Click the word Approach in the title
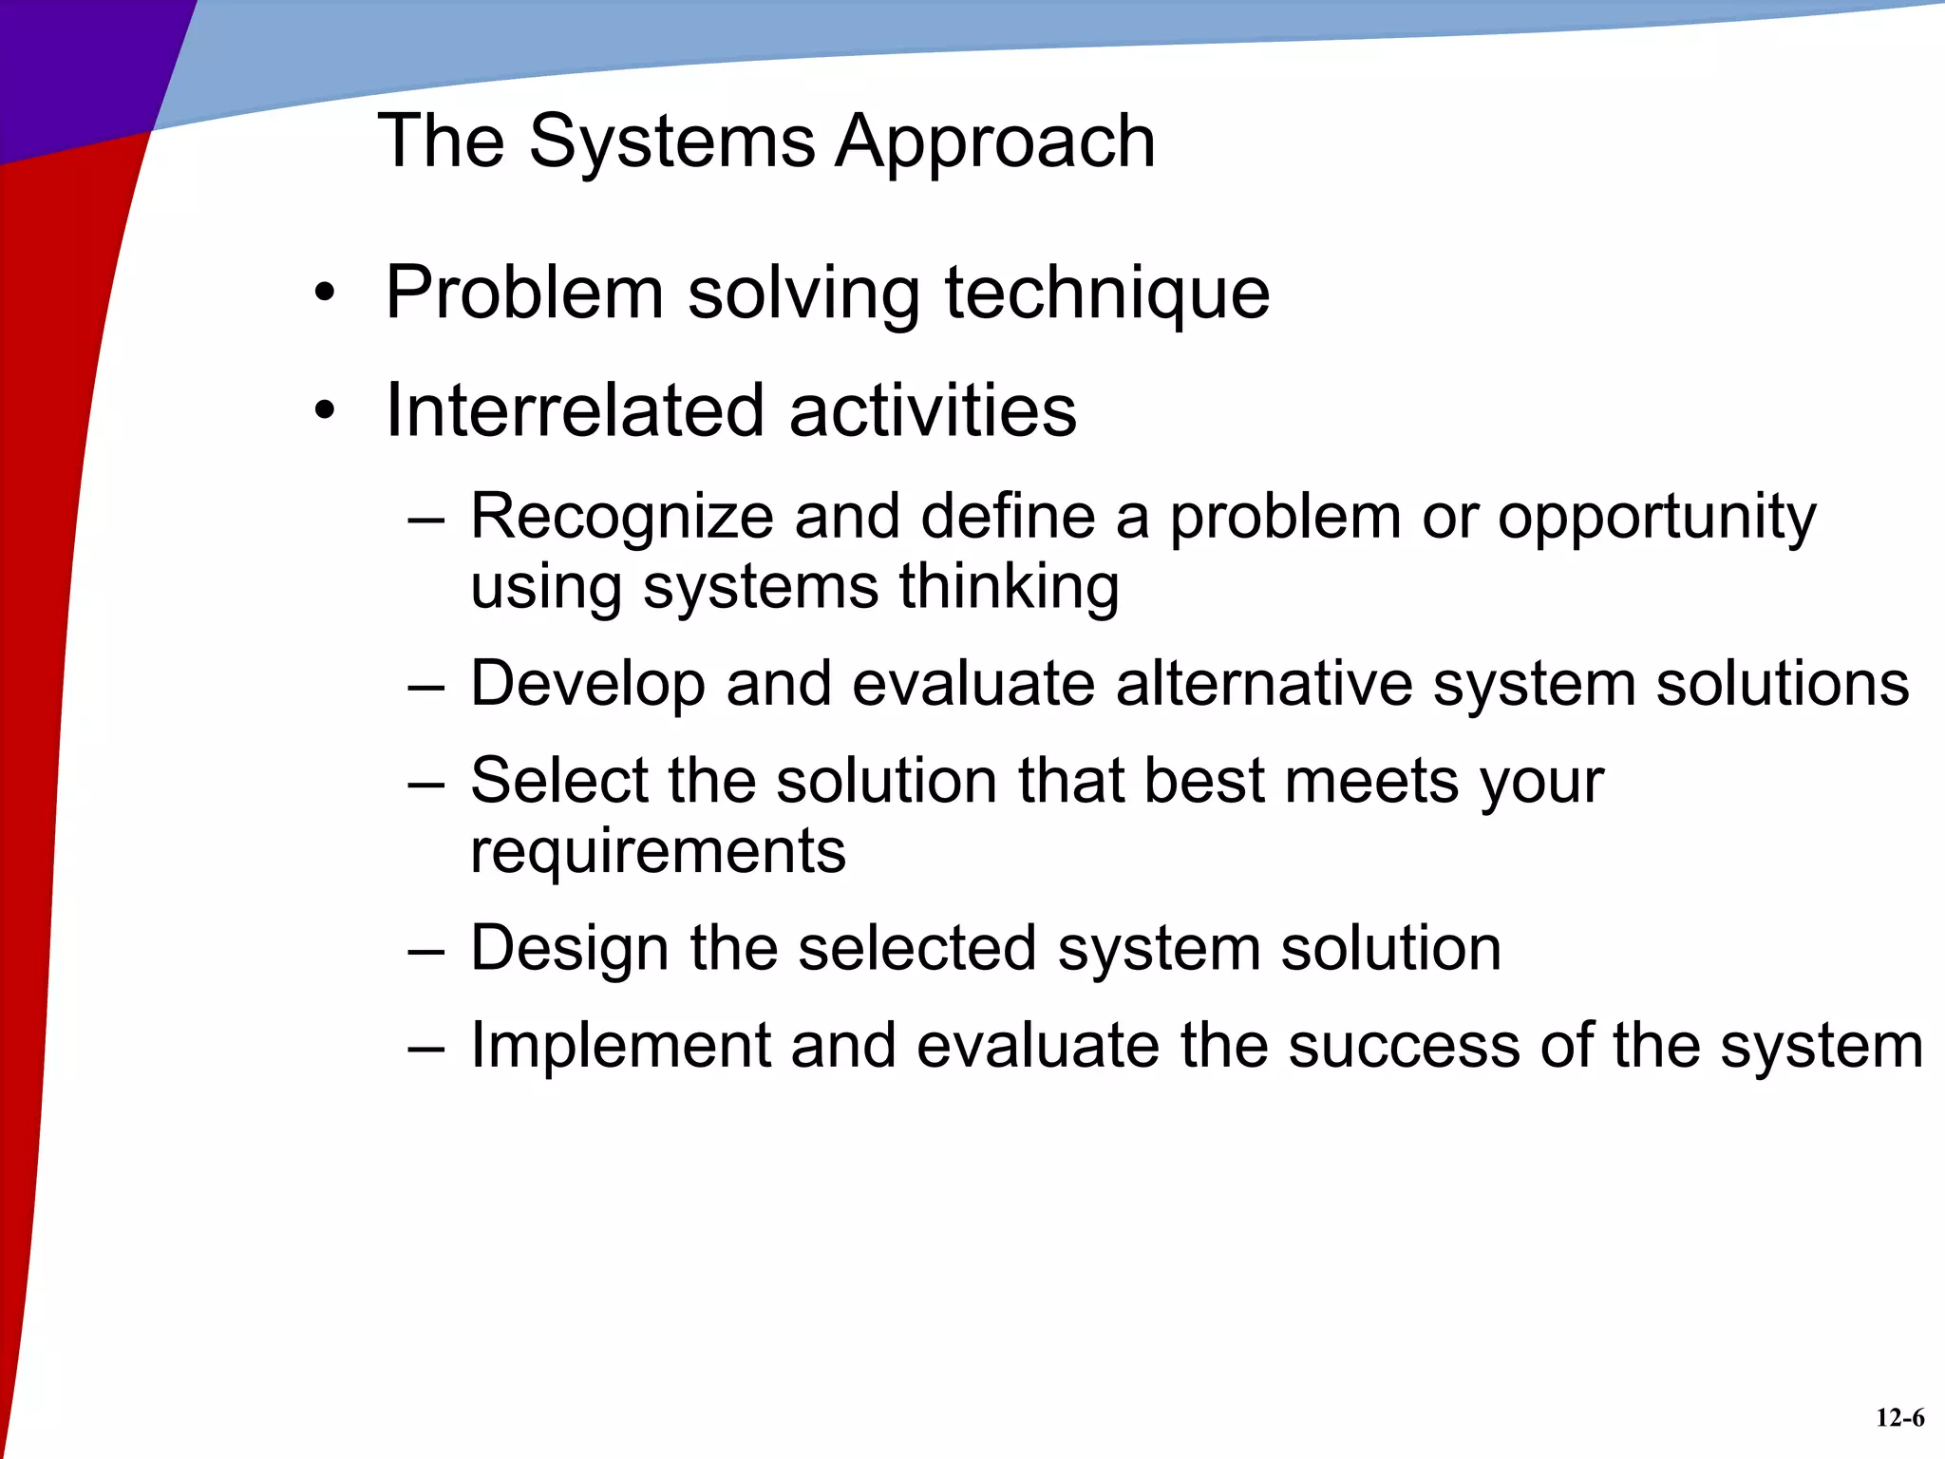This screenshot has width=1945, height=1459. [994, 142]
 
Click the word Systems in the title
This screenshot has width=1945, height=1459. [670, 142]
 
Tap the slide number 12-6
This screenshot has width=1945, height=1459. [1899, 1418]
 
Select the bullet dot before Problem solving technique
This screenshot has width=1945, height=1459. [326, 294]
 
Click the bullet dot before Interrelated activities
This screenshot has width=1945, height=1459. [326, 411]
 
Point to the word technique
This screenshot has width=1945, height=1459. [1106, 294]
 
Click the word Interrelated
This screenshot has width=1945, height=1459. [574, 410]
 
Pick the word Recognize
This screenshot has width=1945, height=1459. [622, 519]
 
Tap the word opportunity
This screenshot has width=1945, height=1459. [1656, 519]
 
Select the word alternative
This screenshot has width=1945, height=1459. [1264, 684]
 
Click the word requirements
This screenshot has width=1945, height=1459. [657, 851]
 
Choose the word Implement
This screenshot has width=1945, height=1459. [620, 1046]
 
